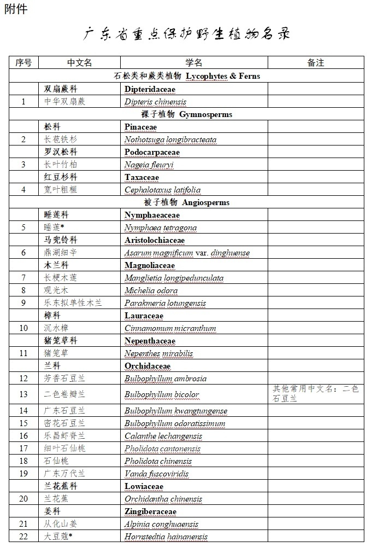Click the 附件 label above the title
[16, 9]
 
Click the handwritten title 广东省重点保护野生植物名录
[186, 34]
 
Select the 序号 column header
[23, 62]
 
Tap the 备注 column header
[316, 62]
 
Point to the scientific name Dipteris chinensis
[155, 102]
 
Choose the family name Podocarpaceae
[152, 152]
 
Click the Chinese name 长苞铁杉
[61, 139]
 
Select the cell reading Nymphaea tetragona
[161, 228]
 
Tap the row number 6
[23, 253]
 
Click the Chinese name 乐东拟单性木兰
[73, 303]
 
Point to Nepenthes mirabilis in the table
[156, 353]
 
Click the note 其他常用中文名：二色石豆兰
[316, 394]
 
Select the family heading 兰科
[52, 366]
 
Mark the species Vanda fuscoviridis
[158, 474]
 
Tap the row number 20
[23, 499]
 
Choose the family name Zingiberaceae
[150, 511]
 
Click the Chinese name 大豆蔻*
[58, 537]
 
